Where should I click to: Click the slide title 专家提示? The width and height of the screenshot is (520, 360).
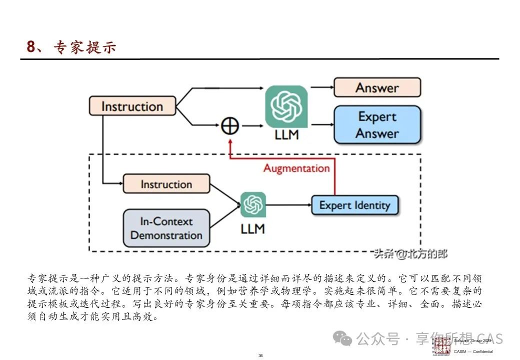(84, 47)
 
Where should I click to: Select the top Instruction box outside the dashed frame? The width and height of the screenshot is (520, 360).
(132, 106)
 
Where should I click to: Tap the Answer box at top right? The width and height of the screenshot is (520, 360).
(377, 87)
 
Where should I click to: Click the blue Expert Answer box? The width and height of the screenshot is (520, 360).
(377, 125)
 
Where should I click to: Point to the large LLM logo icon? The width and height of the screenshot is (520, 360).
(286, 106)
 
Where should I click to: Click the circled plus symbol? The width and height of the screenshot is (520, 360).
(229, 125)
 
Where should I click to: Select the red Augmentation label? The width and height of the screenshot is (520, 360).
(296, 168)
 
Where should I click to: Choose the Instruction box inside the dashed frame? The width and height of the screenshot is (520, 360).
(166, 184)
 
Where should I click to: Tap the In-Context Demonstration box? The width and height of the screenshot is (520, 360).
(166, 228)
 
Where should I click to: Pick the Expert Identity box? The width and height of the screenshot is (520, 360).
(354, 205)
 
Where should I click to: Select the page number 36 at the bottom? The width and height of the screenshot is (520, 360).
(260, 355)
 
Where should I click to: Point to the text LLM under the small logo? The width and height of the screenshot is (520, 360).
(252, 229)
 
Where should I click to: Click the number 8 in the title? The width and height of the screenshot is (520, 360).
(31, 47)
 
